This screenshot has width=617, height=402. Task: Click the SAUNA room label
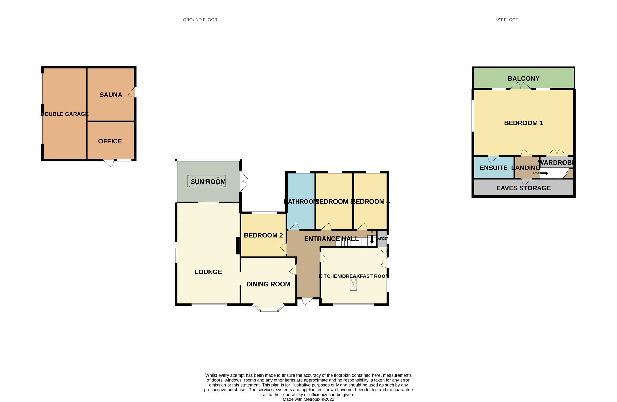click(x=111, y=95)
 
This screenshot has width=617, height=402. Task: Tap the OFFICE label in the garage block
click(x=110, y=141)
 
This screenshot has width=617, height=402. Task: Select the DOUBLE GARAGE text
click(x=65, y=114)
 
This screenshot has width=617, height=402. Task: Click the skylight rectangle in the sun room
click(x=207, y=181)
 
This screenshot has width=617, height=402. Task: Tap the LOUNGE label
click(x=208, y=272)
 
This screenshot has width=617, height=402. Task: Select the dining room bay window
click(x=269, y=309)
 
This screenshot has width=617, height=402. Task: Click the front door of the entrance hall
click(x=307, y=301)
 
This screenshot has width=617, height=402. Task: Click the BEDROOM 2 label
click(x=263, y=235)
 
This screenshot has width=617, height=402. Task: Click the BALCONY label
click(x=523, y=79)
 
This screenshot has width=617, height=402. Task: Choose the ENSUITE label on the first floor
click(x=493, y=168)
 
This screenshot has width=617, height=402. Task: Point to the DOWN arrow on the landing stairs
click(x=544, y=173)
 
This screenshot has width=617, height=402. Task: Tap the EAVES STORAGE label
click(x=523, y=188)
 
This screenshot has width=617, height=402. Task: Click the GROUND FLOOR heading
click(x=200, y=20)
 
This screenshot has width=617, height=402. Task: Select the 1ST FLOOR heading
click(x=506, y=20)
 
